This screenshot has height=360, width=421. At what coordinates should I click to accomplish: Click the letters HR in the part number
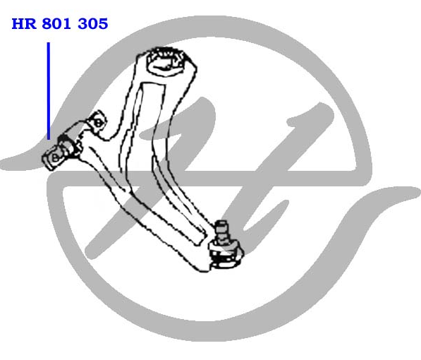pyautogui.click(x=24, y=24)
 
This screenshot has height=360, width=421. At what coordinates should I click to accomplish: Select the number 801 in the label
pyautogui.click(x=56, y=24)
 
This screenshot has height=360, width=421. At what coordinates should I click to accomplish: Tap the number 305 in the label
pyautogui.click(x=93, y=24)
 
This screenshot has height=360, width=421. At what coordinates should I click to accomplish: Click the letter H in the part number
pyautogui.click(x=18, y=24)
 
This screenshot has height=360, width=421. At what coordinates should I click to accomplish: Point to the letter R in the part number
pyautogui.click(x=30, y=24)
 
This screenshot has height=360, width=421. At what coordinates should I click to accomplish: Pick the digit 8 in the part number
pyautogui.click(x=47, y=24)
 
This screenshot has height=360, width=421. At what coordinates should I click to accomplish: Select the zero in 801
pyautogui.click(x=57, y=24)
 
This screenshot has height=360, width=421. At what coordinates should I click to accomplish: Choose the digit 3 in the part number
pyautogui.click(x=83, y=24)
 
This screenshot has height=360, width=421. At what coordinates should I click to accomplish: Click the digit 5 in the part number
pyautogui.click(x=103, y=24)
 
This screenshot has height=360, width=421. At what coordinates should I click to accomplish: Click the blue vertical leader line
pyautogui.click(x=49, y=91)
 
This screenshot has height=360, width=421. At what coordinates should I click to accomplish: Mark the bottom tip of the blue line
pyautogui.click(x=49, y=140)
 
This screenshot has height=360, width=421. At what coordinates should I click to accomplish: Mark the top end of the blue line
pyautogui.click(x=49, y=42)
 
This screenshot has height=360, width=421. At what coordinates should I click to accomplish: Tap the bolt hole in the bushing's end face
pyautogui.click(x=55, y=157)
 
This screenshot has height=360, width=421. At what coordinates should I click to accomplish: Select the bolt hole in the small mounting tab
pyautogui.click(x=99, y=123)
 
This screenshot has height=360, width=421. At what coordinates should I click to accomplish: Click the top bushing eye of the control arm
pyautogui.click(x=164, y=61)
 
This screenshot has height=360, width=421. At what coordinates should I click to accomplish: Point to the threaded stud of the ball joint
pyautogui.click(x=221, y=232)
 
